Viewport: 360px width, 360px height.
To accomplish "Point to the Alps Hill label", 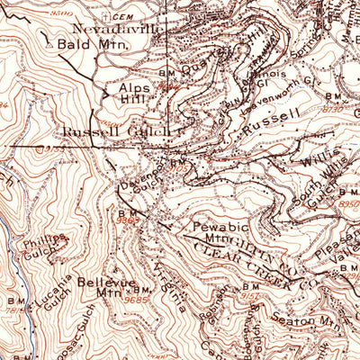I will click(x=138, y=94).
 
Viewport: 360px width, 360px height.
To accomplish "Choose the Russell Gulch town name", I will click(x=117, y=131).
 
